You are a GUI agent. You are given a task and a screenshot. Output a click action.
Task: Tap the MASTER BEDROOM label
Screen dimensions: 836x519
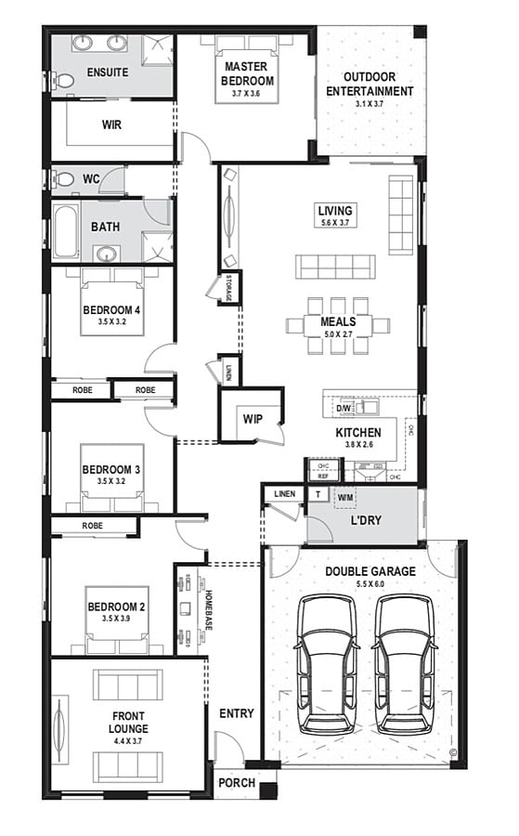tap(246, 73)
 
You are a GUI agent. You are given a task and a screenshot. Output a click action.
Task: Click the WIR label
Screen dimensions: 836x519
tap(112, 124)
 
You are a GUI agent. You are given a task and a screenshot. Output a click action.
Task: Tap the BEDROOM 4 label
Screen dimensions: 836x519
tap(110, 309)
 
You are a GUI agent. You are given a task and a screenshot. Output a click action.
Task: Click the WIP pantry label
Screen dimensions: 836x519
tap(253, 419)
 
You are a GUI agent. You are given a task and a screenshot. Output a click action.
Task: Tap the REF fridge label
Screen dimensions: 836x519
tap(323, 475)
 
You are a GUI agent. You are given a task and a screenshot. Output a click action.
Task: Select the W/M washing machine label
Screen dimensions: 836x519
tap(345, 497)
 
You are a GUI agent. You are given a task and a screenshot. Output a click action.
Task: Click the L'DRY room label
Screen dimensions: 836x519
tap(368, 522)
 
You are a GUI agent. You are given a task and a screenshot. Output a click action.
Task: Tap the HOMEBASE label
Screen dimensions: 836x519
tap(210, 608)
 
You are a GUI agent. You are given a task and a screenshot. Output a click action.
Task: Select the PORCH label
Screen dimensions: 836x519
tap(237, 783)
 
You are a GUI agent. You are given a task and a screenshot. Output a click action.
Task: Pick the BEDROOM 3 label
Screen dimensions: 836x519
tap(110, 470)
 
